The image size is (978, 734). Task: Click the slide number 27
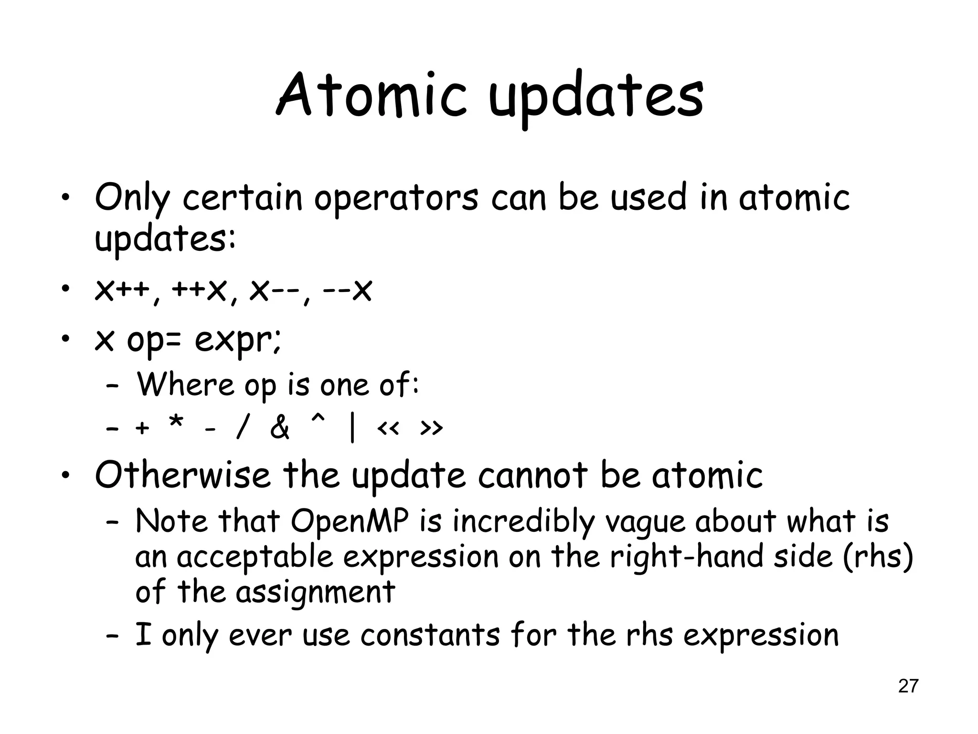click(x=908, y=686)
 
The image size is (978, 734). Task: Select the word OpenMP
click(x=350, y=521)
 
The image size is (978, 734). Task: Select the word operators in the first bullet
click(x=395, y=198)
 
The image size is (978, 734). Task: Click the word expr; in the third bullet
click(x=238, y=340)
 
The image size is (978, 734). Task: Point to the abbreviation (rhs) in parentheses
click(x=878, y=557)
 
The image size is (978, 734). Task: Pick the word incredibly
click(x=523, y=521)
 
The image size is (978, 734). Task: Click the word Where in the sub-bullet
click(x=186, y=384)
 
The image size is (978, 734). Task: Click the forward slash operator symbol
click(x=242, y=428)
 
